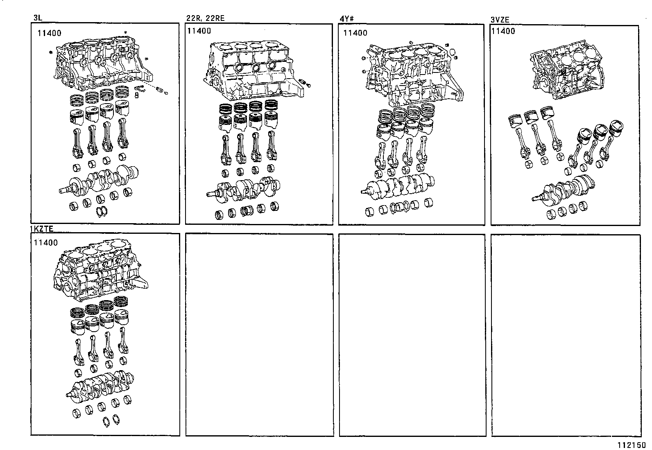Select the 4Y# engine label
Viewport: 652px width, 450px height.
pos(346,18)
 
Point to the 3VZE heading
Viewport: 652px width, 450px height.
pos(500,19)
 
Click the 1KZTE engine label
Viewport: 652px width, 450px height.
pos(42,229)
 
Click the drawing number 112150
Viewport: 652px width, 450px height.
pos(632,445)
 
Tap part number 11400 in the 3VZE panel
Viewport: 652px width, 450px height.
pos(503,31)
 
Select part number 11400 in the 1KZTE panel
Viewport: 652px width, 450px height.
pos(45,243)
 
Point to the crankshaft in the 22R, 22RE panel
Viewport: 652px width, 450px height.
pos(246,189)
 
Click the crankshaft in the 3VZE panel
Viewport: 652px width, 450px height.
pos(565,188)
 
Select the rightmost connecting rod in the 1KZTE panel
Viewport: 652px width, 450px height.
pos(122,346)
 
